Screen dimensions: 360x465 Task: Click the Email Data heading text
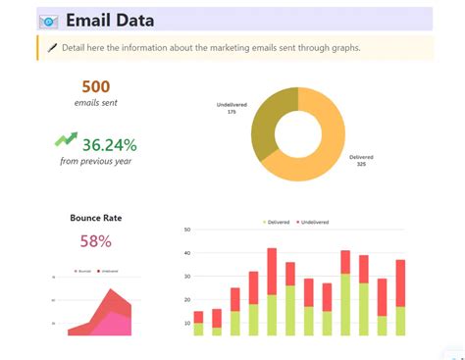point(110,21)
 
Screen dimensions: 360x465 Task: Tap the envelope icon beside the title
point(49,21)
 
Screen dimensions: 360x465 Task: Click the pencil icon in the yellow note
point(52,47)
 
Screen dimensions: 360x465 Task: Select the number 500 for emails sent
point(96,86)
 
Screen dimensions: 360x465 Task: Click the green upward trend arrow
point(66,140)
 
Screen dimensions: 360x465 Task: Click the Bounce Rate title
point(95,218)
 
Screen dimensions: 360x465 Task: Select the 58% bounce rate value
point(95,240)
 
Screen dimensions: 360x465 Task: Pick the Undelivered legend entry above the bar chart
point(315,223)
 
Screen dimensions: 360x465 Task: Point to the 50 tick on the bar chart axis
point(186,230)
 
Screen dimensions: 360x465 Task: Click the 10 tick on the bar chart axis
point(186,323)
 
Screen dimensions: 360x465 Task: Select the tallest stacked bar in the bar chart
point(272,284)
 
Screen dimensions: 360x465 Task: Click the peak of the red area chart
point(114,291)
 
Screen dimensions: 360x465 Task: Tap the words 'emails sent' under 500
point(95,103)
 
